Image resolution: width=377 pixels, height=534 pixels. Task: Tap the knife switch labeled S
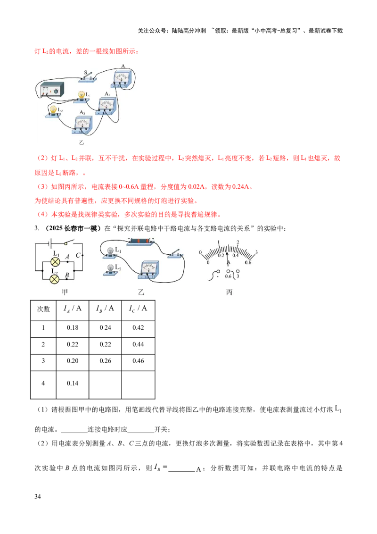click(x=89, y=77)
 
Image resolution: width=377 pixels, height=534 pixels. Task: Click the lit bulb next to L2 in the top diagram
click(x=54, y=111)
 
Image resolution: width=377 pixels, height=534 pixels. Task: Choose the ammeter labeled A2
click(x=82, y=124)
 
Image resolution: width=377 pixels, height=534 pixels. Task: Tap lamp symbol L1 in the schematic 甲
click(x=55, y=261)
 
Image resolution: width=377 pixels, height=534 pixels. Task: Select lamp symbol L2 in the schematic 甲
click(x=55, y=278)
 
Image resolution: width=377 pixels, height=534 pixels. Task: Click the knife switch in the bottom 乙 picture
click(x=177, y=254)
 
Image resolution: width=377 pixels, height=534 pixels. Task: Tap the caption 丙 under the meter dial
click(x=229, y=292)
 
